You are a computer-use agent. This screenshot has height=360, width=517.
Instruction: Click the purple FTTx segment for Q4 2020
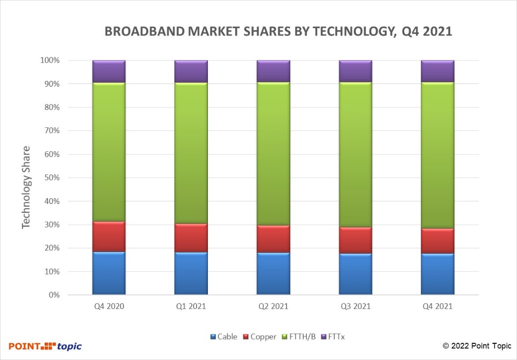pos(109,71)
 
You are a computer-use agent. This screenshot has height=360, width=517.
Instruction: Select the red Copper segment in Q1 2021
pos(191,238)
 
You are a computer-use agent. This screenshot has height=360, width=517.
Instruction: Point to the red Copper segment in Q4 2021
pos(438,241)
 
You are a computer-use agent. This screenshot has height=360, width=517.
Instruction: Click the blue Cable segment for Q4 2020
pos(109,273)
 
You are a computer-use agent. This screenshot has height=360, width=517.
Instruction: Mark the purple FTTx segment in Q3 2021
pos(355,71)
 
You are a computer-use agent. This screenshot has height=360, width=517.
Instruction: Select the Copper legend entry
pos(260,337)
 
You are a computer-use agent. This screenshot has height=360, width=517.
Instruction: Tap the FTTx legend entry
pos(332,337)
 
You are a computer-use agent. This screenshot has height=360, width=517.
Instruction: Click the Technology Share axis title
pos(27,187)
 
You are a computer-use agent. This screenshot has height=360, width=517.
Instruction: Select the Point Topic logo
pos(45,346)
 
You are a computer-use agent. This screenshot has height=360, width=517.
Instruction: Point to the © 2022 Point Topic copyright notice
pos(477,346)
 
